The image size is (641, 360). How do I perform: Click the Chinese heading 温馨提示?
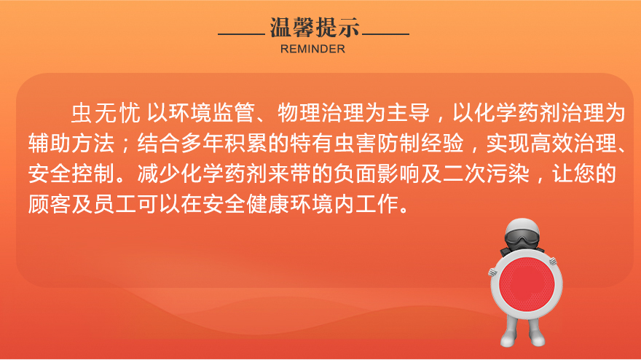tap(315, 28)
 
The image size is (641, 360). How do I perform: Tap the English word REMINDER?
tap(312, 49)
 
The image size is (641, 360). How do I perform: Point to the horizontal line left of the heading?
tap(241, 34)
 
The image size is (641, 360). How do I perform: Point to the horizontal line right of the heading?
tap(385, 34)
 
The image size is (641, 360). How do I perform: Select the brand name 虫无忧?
tap(106, 113)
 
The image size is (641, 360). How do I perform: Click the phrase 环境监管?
tap(212, 113)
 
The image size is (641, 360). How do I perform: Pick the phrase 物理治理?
tap(321, 113)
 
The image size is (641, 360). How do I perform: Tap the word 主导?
tap(409, 113)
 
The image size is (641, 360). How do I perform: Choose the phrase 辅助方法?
tap(71, 143)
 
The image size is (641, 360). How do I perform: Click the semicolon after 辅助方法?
tap(126, 144)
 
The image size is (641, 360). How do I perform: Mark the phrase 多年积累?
tap(224, 143)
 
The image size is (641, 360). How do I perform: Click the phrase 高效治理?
tap(573, 143)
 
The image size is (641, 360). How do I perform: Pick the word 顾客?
tap(50, 204)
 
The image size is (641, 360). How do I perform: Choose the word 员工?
tap(115, 204)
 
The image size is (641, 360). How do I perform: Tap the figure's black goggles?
tap(522, 239)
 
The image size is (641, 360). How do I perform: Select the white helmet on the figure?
tap(522, 226)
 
